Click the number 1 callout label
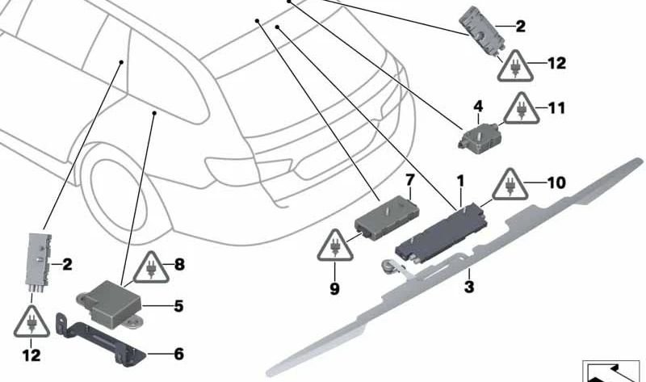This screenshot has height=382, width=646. (x=461, y=178)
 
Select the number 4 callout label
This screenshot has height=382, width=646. (x=477, y=106)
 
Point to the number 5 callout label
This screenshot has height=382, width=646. (x=178, y=306)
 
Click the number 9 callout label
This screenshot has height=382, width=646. (x=333, y=287)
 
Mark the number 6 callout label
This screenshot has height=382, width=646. (x=178, y=354)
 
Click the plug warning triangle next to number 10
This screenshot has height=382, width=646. (x=510, y=185)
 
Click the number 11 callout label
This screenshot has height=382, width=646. (x=556, y=107)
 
